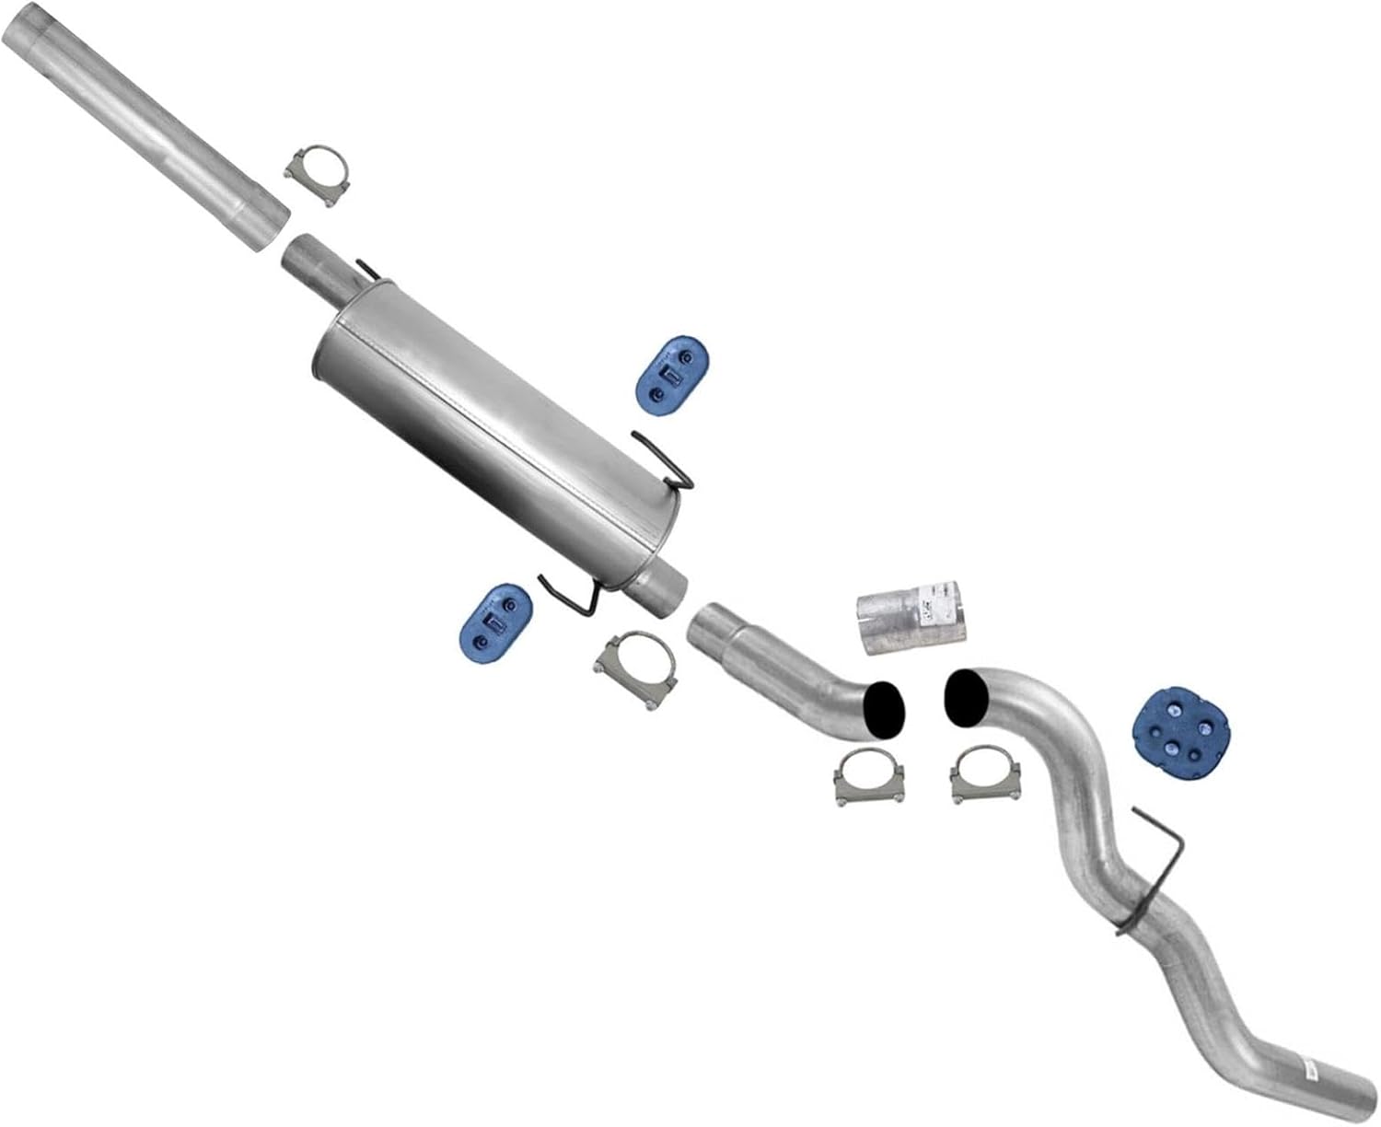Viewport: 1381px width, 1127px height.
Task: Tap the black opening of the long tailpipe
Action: pyautogui.click(x=964, y=699)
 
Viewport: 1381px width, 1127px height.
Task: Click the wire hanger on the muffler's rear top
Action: pyautogui.click(x=667, y=460)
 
